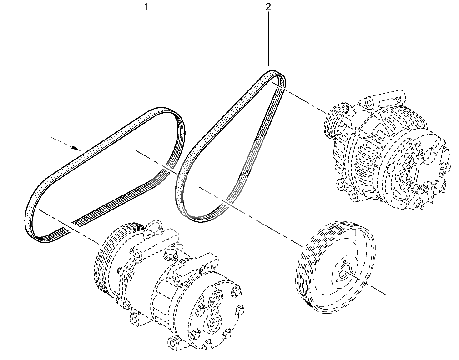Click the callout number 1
click(146, 6)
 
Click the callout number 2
click(268, 6)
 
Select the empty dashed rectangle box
click(32, 138)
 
